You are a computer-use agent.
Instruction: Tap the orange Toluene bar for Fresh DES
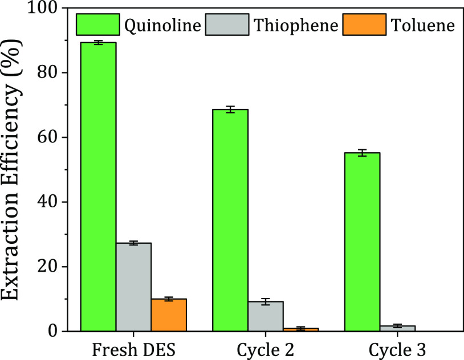coord(169,315)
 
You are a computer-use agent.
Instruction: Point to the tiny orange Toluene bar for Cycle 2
coord(300,329)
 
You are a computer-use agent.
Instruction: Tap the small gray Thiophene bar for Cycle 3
coord(397,328)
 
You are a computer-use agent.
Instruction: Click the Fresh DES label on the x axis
coord(134,348)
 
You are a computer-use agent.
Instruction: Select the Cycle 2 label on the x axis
coord(266,348)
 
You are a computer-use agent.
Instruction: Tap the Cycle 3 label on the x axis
coord(397,348)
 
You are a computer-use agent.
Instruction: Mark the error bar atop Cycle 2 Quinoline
coord(230,109)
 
